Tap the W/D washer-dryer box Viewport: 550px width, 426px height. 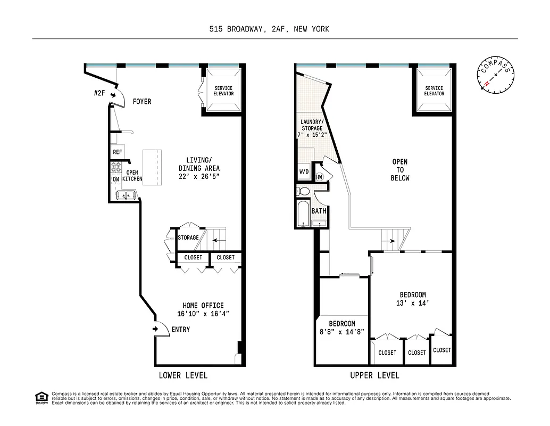pyautogui.click(x=304, y=172)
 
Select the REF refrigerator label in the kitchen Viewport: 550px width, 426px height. pyautogui.click(x=118, y=152)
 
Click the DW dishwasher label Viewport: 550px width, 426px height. pyautogui.click(x=115, y=179)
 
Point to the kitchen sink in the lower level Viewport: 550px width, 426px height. pyautogui.click(x=127, y=196)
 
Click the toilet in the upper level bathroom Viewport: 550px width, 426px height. pyautogui.click(x=304, y=191)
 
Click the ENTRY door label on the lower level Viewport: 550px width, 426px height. pyautogui.click(x=180, y=330)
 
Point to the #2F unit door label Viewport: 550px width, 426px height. pyautogui.click(x=98, y=93)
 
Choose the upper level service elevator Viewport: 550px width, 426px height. pyautogui.click(x=434, y=91)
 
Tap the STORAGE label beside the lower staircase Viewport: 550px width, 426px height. pyautogui.click(x=188, y=237)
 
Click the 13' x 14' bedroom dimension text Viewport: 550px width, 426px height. pyautogui.click(x=413, y=304)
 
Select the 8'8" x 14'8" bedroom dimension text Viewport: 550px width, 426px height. pyautogui.click(x=341, y=332)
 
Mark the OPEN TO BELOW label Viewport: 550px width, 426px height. pyautogui.click(x=400, y=170)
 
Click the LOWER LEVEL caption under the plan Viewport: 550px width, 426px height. pyautogui.click(x=183, y=375)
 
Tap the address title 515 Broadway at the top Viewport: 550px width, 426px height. pyautogui.click(x=269, y=29)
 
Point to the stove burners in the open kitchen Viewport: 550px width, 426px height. pyautogui.click(x=115, y=167)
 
